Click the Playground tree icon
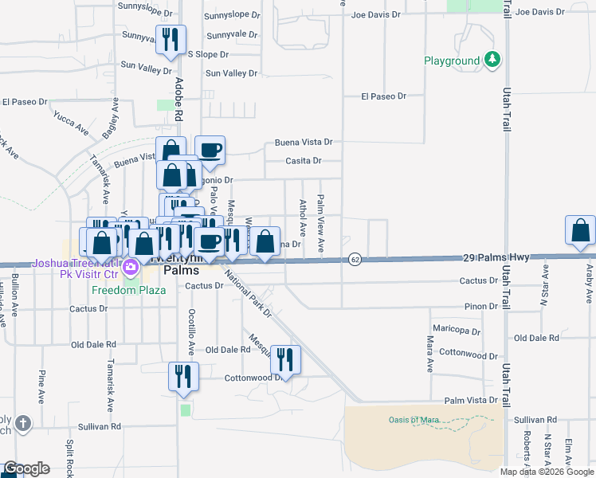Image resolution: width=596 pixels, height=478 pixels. (x=493, y=60)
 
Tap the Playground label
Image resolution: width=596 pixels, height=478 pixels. (x=452, y=61)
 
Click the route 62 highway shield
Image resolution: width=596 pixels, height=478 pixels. (x=355, y=259)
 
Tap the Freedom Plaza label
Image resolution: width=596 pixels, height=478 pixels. (x=128, y=290)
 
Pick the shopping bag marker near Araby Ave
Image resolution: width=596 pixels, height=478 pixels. (x=581, y=230)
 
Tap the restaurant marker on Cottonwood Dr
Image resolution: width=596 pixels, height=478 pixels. (x=284, y=358)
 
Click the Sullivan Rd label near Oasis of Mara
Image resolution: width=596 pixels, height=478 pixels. (x=535, y=419)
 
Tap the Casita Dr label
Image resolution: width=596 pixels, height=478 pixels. (x=304, y=161)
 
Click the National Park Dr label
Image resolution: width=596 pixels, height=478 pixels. (x=248, y=296)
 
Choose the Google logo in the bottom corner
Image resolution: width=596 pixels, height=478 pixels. (x=26, y=468)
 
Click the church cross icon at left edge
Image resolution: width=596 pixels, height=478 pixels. (x=24, y=422)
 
